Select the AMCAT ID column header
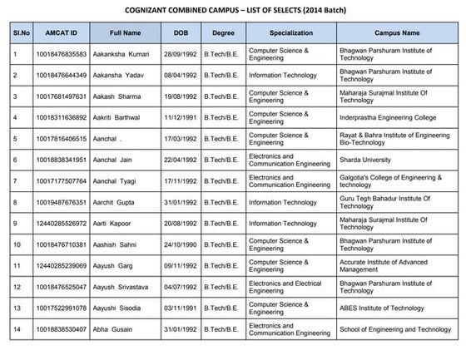pyautogui.click(x=62, y=32)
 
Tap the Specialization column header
pyautogui.click(x=291, y=32)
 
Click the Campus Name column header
pyautogui.click(x=397, y=32)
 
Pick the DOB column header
pyautogui.click(x=181, y=32)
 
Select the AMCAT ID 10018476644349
pyautogui.click(x=60, y=76)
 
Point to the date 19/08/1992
pyautogui.click(x=181, y=96)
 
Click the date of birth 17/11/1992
pyautogui.click(x=181, y=181)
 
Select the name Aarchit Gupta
pyautogui.click(x=119, y=202)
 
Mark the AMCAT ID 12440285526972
pyautogui.click(x=60, y=224)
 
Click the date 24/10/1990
pyautogui.click(x=181, y=244)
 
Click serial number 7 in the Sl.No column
pyautogui.click(x=15, y=181)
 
